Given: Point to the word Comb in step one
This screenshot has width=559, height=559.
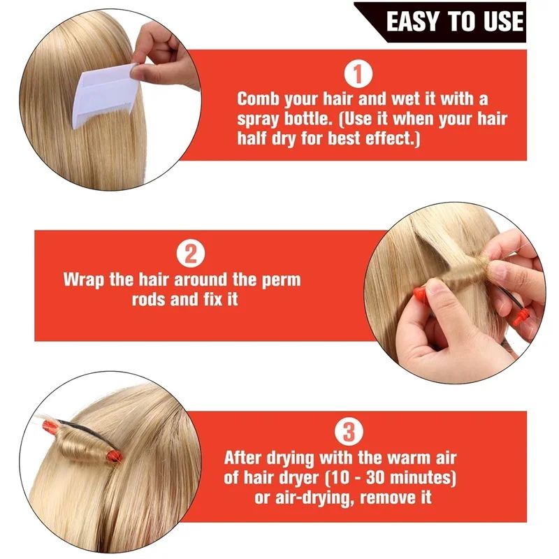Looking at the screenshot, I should coord(260,99).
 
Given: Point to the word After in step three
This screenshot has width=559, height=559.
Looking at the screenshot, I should coord(247,459).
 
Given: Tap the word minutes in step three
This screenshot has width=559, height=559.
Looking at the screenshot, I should coord(423,479).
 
